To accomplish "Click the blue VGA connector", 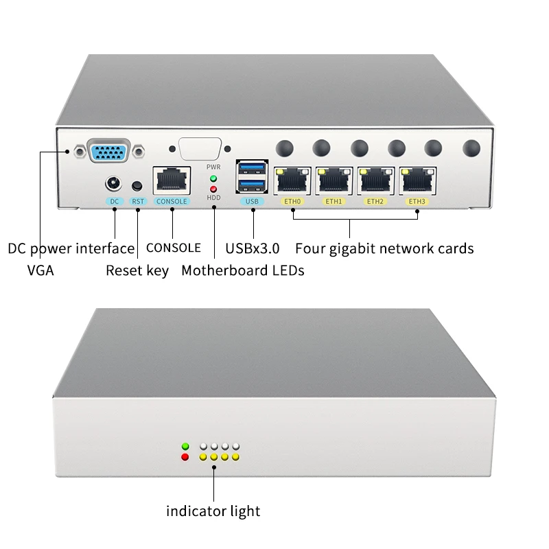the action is (110, 150).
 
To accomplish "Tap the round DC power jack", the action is (113, 184).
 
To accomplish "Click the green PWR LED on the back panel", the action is (213, 178).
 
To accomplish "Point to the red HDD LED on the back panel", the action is (213, 189).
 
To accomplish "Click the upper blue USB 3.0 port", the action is (251, 168).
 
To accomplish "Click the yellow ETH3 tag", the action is (417, 202).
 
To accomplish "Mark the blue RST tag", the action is (139, 202).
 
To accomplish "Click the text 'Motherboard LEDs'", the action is (242, 270).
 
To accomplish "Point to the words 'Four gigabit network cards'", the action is (384, 248).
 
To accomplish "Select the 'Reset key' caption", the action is (137, 270).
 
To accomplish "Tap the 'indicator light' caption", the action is (213, 511).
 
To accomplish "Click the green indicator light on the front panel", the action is (184, 445).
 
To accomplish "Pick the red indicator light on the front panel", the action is (184, 456).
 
